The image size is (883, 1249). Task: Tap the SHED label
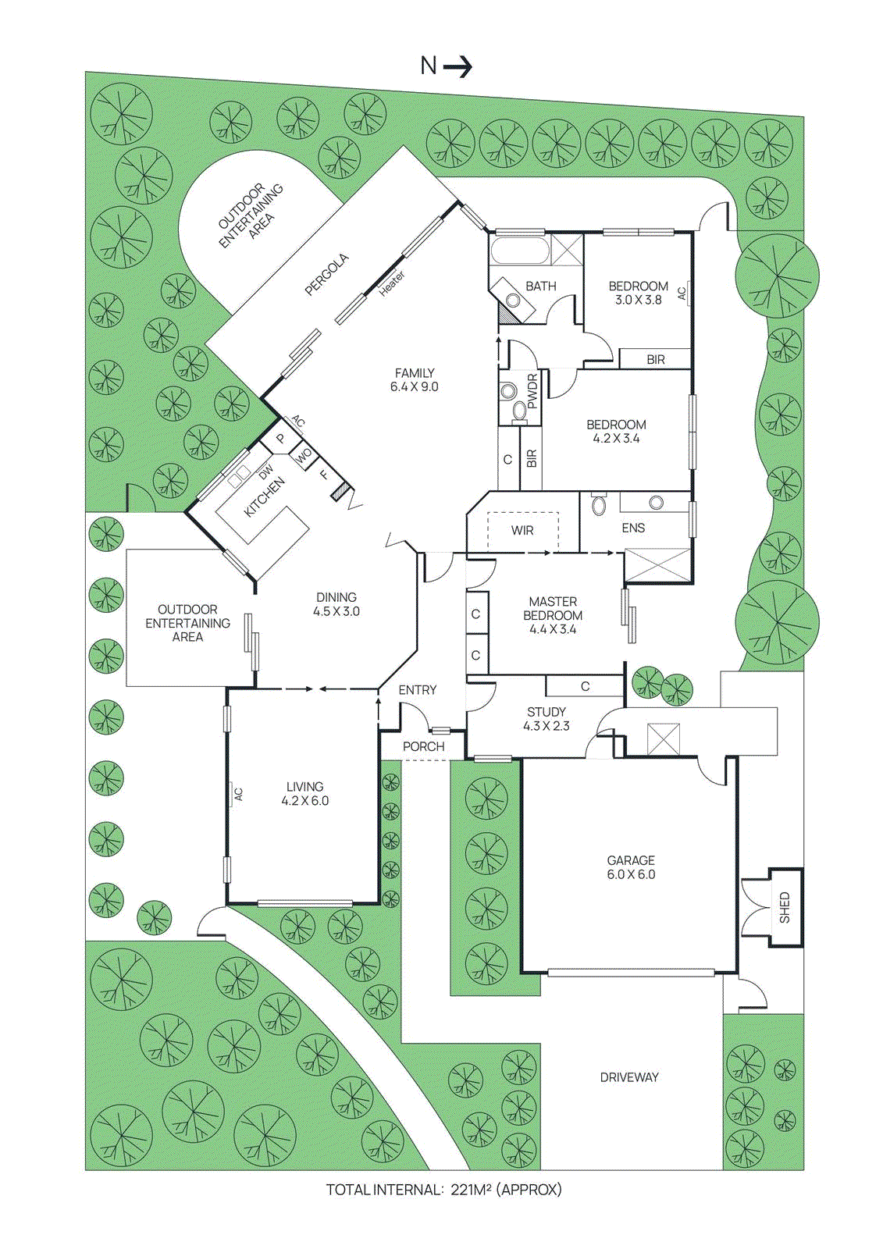(x=785, y=907)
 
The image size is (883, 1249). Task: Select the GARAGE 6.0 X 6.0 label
(x=631, y=867)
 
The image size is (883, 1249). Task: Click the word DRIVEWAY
(x=629, y=1077)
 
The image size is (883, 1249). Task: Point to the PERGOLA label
(x=326, y=275)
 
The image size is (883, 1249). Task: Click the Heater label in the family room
(x=392, y=283)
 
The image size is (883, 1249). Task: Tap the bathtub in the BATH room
(x=519, y=251)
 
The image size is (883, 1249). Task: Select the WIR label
(x=522, y=531)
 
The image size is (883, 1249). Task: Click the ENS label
(x=633, y=528)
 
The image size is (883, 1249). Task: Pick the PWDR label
(x=532, y=391)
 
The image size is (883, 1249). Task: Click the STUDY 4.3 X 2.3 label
(x=547, y=719)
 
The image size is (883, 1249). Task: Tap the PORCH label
(x=423, y=747)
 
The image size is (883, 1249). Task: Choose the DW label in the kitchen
(x=266, y=472)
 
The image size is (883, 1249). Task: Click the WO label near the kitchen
(x=304, y=454)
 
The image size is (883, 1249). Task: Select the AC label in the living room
(x=239, y=794)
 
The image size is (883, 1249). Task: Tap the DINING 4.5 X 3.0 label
(x=336, y=604)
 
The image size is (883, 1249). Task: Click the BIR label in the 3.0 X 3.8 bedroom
(x=656, y=360)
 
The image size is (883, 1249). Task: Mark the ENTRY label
(x=418, y=690)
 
